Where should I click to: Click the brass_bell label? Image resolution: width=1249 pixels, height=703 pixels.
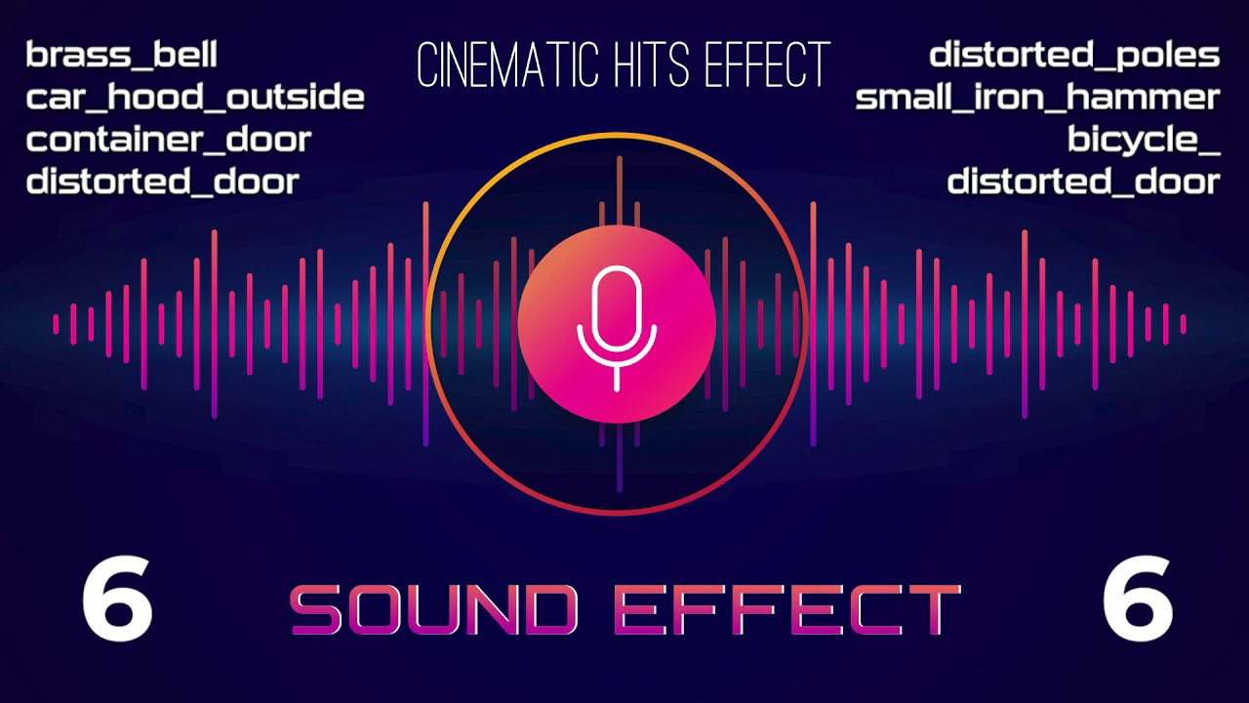121,56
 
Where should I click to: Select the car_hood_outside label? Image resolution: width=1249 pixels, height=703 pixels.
195,98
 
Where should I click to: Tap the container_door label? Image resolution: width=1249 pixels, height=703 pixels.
168,140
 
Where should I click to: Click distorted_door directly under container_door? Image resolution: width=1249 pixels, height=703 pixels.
162,182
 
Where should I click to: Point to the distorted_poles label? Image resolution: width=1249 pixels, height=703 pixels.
1074,56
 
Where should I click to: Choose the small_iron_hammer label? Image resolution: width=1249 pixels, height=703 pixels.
1037,98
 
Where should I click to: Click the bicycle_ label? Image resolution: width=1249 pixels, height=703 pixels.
1144,140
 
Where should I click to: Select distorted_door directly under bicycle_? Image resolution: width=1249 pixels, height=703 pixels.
1083,182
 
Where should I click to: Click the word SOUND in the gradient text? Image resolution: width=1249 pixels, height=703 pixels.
434,610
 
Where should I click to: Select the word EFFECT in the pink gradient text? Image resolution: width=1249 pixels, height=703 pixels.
786,610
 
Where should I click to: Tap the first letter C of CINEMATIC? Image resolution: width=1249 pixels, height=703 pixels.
424,66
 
